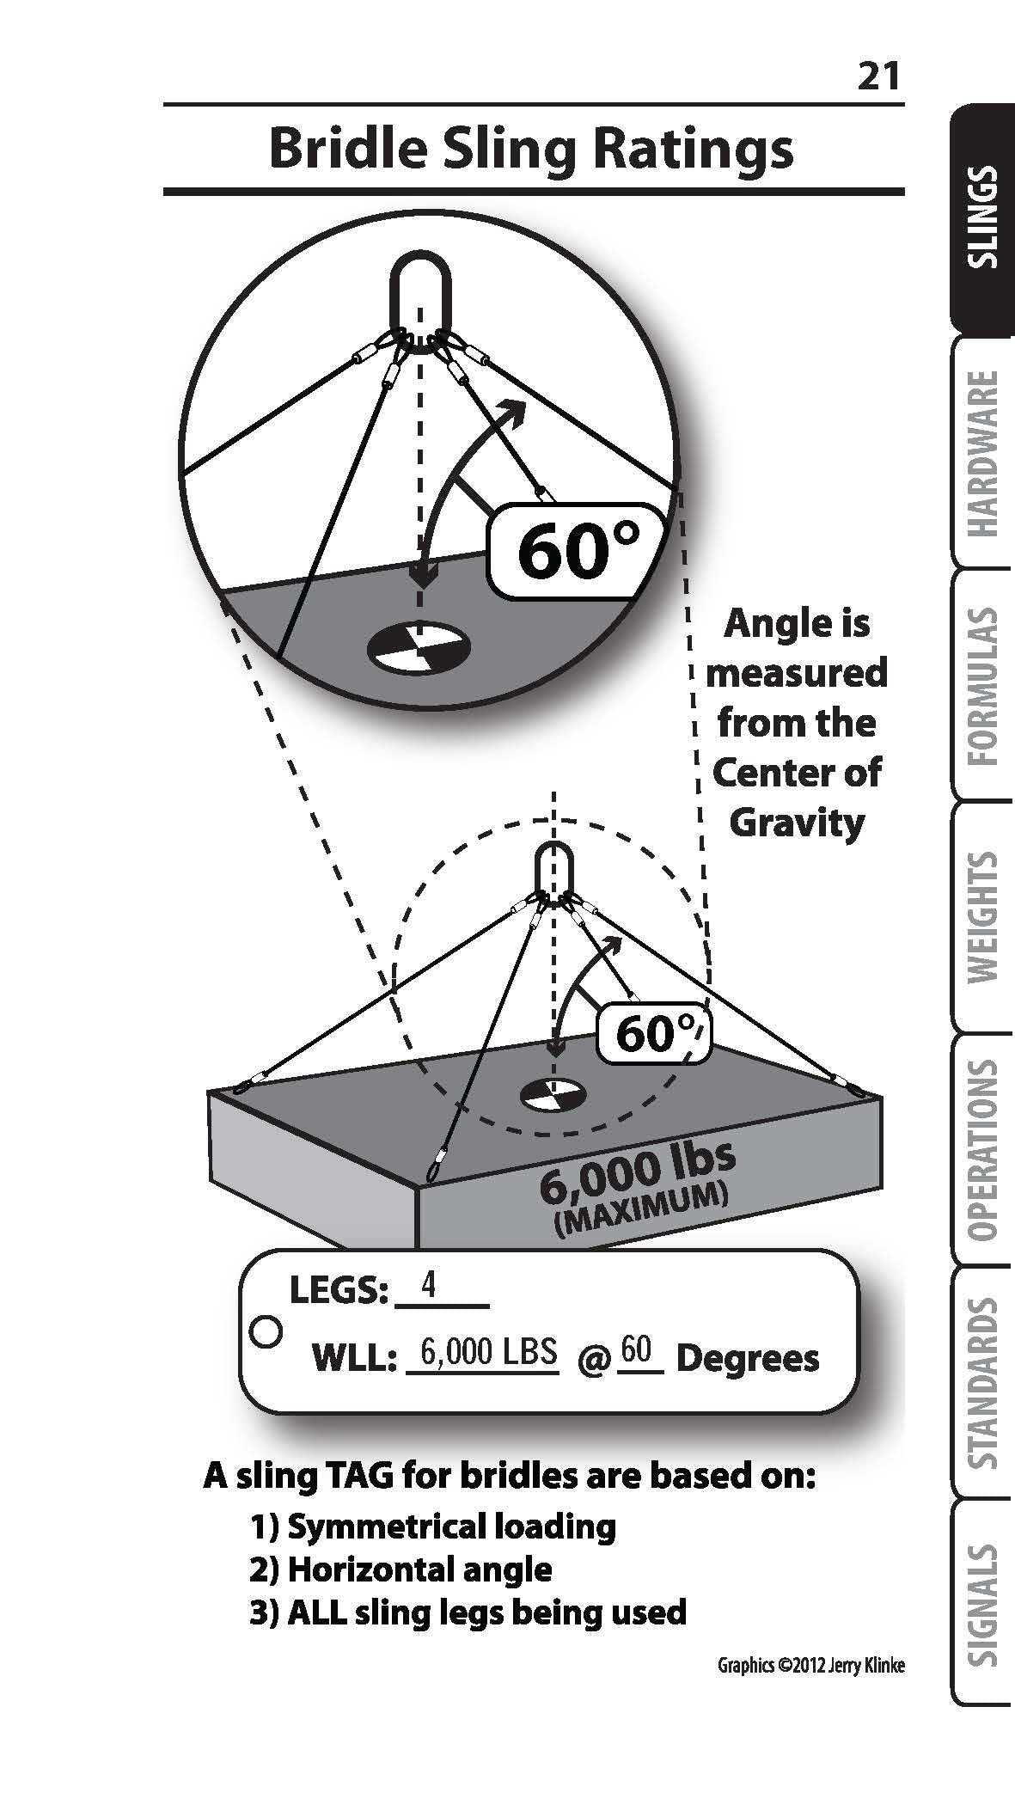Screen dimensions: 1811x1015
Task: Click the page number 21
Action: pyautogui.click(x=877, y=77)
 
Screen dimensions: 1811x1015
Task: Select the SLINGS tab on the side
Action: pyautogui.click(x=983, y=218)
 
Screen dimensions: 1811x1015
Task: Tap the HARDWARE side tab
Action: pyautogui.click(x=983, y=453)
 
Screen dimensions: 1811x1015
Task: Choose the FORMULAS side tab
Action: pyautogui.click(x=983, y=686)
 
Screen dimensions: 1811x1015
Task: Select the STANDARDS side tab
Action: pyautogui.click(x=983, y=1381)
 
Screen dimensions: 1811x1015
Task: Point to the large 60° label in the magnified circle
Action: pyautogui.click(x=578, y=551)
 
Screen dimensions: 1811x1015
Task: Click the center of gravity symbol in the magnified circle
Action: pyautogui.click(x=419, y=646)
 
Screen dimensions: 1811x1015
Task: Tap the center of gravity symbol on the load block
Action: pyautogui.click(x=553, y=1094)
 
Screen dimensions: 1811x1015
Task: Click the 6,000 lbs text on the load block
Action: pyautogui.click(x=638, y=1170)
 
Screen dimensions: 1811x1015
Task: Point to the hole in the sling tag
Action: pyautogui.click(x=266, y=1331)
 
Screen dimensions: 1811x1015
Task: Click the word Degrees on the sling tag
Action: pyautogui.click(x=748, y=1359)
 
